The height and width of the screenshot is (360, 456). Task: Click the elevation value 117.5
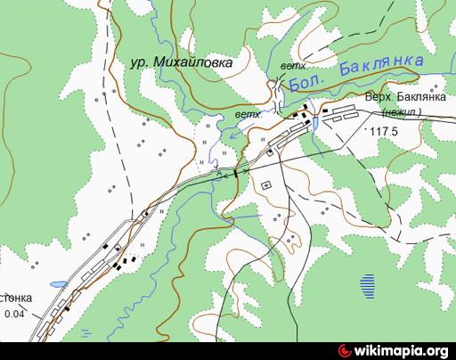click(386, 132)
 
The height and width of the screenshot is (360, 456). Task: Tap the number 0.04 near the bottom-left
click(15, 314)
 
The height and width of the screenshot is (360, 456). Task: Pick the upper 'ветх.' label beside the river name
click(293, 66)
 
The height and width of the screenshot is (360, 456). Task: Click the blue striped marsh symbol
click(368, 284)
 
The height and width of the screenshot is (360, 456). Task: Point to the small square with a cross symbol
click(265, 184)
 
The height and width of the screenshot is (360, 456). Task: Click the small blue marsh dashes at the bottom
click(86, 332)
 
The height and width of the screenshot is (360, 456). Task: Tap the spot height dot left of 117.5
click(365, 130)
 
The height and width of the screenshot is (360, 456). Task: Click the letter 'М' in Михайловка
click(159, 63)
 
